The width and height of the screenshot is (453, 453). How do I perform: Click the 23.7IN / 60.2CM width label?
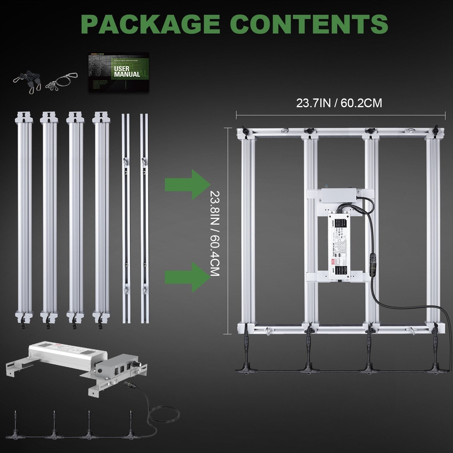[339, 103]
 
